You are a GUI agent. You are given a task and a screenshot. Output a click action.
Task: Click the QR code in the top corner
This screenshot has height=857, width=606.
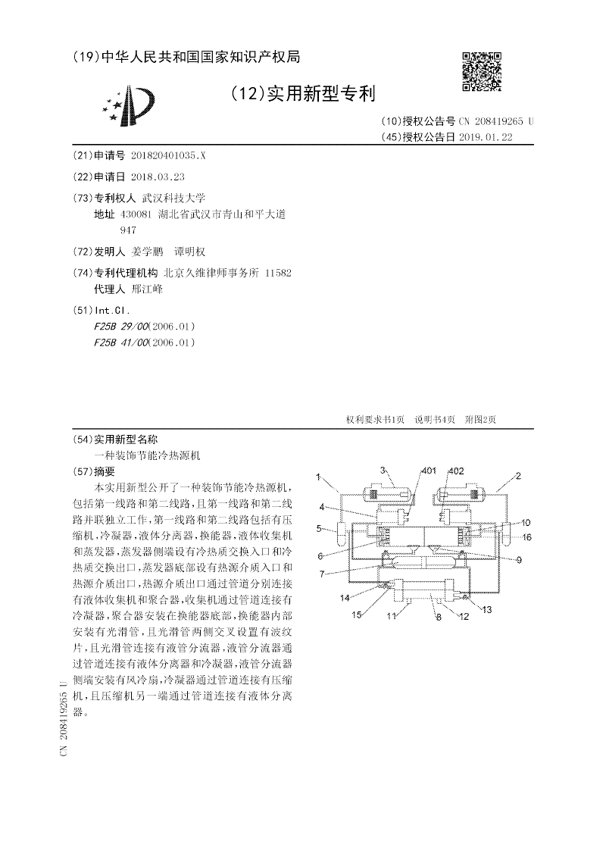(x=481, y=71)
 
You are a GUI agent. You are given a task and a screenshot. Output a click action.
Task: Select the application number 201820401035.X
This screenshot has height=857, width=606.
(x=167, y=155)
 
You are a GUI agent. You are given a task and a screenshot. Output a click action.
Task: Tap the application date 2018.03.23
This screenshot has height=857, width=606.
(x=158, y=176)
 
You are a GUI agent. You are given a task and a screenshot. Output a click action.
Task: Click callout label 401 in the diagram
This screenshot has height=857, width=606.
(x=428, y=471)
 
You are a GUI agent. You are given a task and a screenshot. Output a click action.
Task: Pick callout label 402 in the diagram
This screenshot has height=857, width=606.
(x=455, y=471)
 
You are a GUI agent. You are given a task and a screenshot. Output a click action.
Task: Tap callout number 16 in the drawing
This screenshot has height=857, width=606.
(x=526, y=536)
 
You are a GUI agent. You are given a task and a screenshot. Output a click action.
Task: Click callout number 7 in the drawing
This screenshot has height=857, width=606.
(x=321, y=574)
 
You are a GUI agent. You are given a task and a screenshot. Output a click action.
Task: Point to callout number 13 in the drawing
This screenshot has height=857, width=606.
(x=486, y=608)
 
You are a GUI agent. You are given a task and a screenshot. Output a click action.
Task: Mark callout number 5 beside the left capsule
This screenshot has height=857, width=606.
(x=320, y=528)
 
